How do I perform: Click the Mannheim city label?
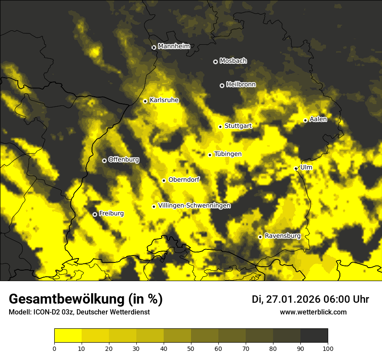tap(174, 46)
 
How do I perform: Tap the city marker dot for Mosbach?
tap(215, 62)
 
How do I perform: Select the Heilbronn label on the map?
tap(241, 85)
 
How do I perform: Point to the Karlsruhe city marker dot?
tap(145, 101)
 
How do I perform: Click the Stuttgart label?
tap(238, 126)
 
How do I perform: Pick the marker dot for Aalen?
tap(305, 120)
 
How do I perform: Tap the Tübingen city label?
tap(228, 154)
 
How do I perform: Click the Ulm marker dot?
tap(296, 168)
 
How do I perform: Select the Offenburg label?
tap(124, 160)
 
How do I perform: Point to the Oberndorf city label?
tap(184, 180)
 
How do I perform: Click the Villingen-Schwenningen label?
tap(194, 206)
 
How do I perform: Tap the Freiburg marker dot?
tap(95, 214)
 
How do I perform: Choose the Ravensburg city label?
tap(283, 236)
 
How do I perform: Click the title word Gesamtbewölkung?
tap(66, 299)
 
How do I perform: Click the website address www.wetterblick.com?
tap(313, 312)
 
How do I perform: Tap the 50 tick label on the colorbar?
tap(191, 348)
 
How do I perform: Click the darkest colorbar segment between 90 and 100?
tap(314, 335)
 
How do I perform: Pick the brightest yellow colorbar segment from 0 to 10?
tap(68, 335)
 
